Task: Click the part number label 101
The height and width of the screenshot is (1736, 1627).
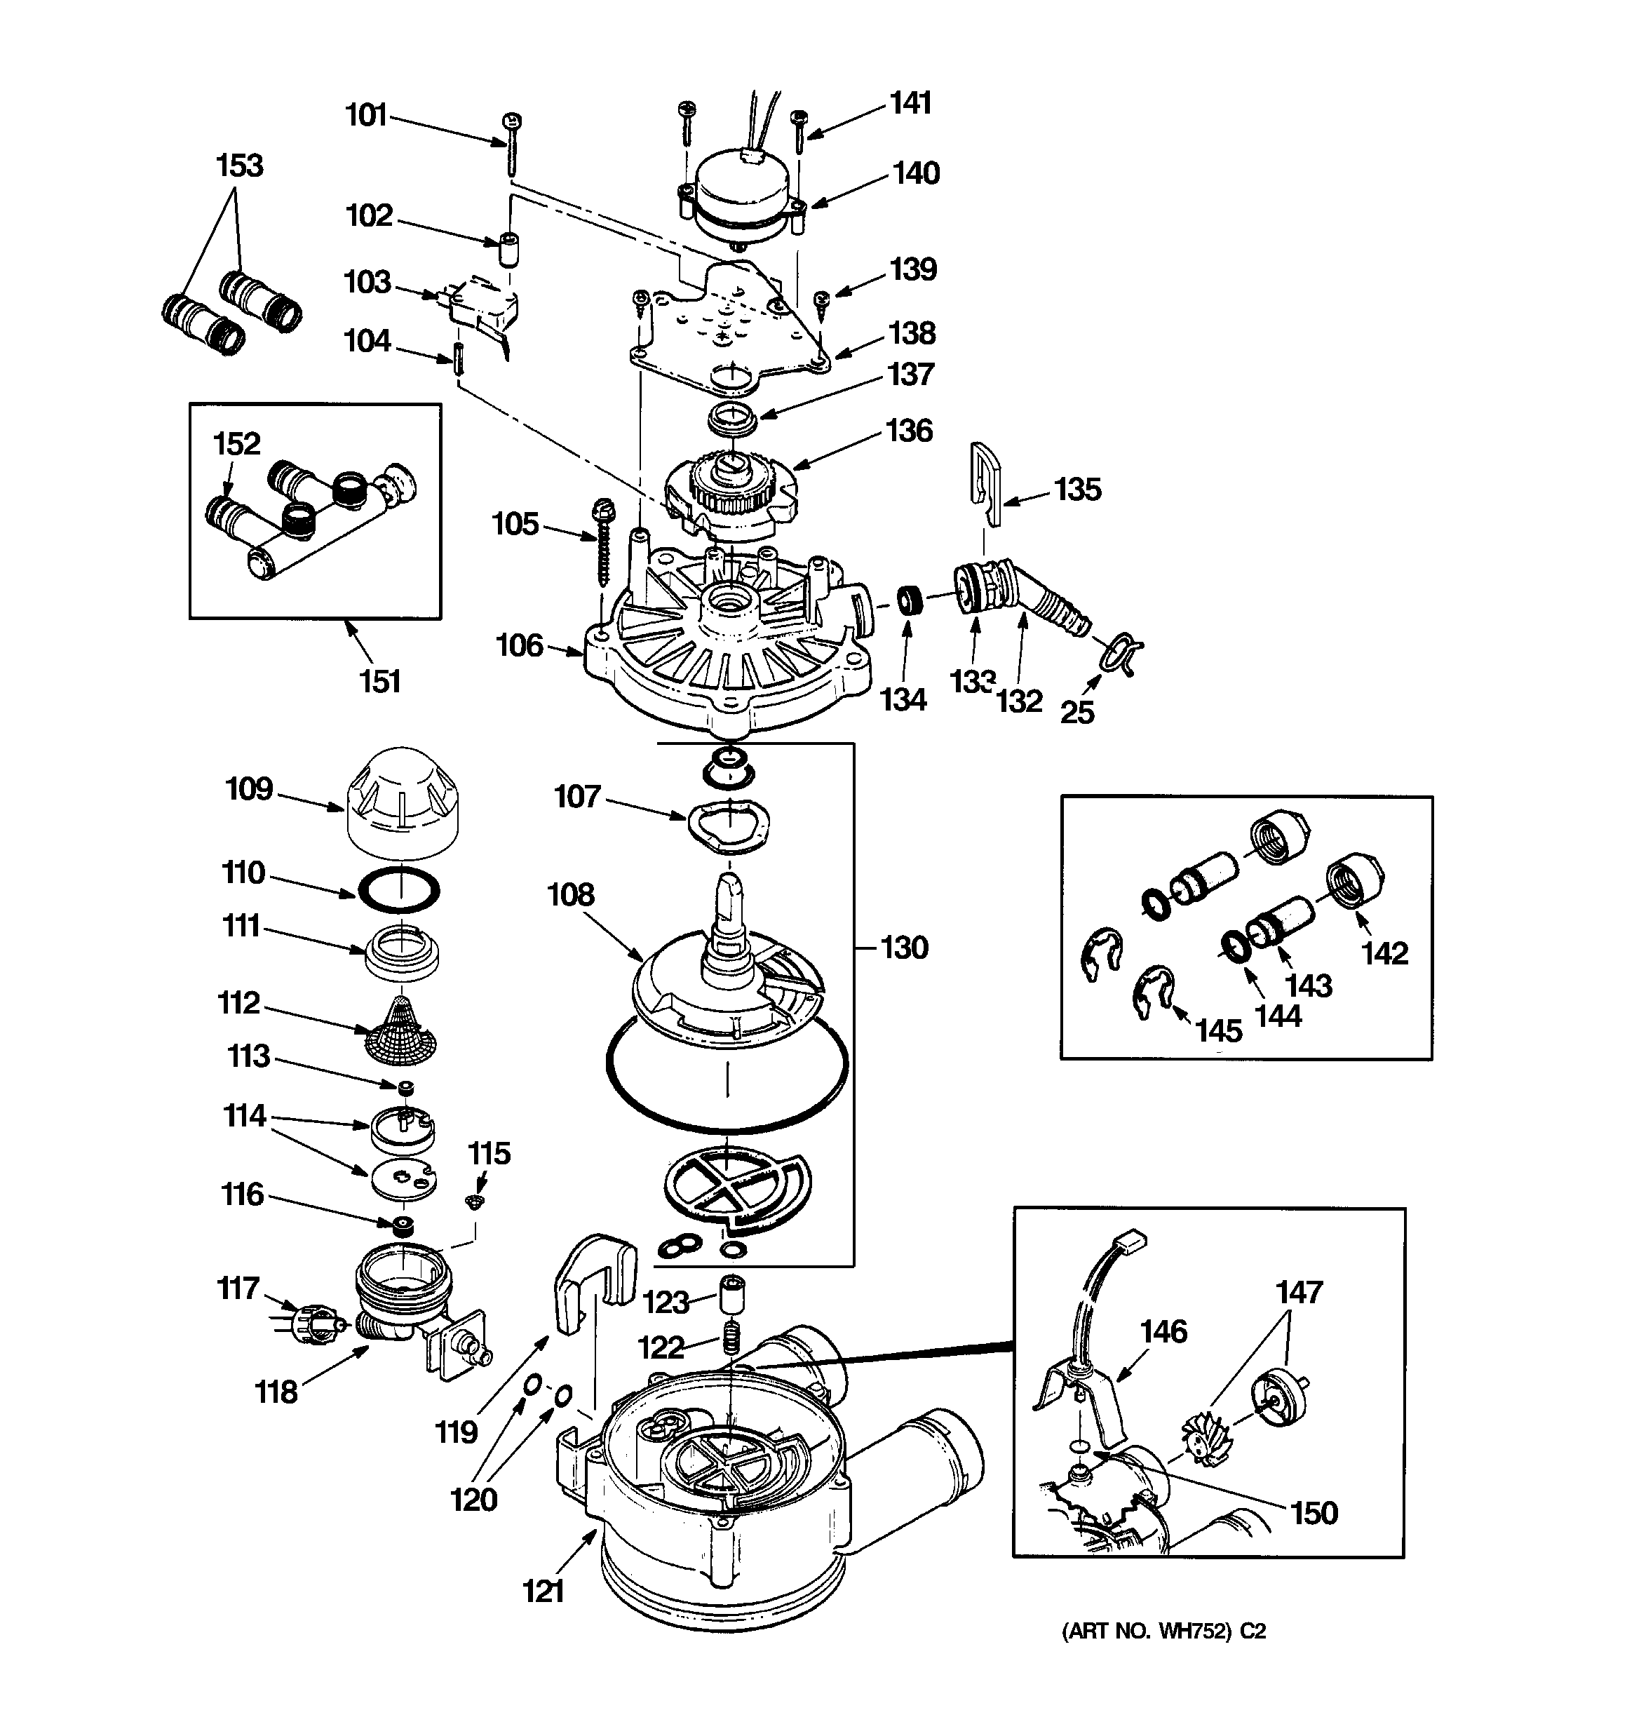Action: tap(366, 115)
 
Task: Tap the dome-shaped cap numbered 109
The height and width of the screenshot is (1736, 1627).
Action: tap(402, 801)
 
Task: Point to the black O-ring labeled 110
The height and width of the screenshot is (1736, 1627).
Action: tap(400, 891)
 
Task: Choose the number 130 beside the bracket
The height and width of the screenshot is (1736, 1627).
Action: tap(904, 948)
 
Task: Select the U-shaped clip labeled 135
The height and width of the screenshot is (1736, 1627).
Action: tap(987, 485)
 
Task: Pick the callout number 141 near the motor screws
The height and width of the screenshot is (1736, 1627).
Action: tap(911, 103)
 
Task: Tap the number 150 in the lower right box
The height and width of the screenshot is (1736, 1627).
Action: tap(1314, 1512)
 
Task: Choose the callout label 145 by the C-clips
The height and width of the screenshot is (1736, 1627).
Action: tap(1218, 1030)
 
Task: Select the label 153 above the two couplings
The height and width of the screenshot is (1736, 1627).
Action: tap(239, 165)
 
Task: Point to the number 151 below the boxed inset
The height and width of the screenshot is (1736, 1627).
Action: tap(380, 681)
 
